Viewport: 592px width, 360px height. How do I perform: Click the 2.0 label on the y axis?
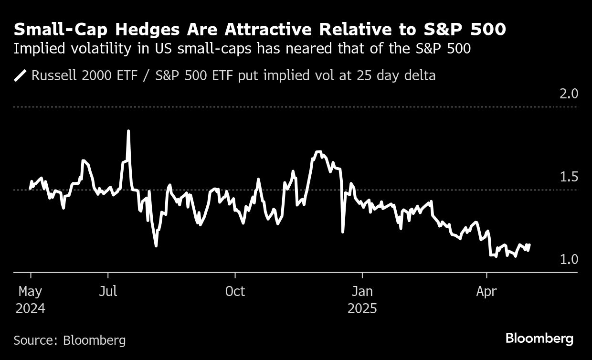click(x=568, y=94)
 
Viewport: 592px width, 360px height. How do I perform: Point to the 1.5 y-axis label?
click(x=568, y=177)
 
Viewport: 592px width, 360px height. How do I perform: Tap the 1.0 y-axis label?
click(x=568, y=260)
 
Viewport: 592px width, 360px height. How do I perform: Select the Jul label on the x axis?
click(x=108, y=291)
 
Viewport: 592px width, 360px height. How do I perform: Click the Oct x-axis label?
click(x=235, y=291)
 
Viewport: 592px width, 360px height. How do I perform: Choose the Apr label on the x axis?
click(x=486, y=291)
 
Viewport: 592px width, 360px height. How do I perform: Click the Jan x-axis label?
click(x=362, y=291)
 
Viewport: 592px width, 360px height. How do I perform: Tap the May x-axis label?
click(x=31, y=291)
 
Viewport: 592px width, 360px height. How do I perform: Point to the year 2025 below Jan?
click(x=362, y=308)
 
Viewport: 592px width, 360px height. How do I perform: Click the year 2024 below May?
click(x=31, y=308)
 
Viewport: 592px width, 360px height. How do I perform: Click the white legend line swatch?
click(x=21, y=76)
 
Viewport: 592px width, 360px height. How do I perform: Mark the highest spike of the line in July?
click(x=128, y=130)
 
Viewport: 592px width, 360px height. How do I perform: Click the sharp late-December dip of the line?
click(x=343, y=232)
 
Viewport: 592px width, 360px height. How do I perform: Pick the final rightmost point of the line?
click(x=529, y=245)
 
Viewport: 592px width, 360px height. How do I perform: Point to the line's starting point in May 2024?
click(x=31, y=189)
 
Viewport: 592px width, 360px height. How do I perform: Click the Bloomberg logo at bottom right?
click(x=539, y=339)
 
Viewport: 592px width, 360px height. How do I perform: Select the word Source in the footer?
click(x=35, y=340)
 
